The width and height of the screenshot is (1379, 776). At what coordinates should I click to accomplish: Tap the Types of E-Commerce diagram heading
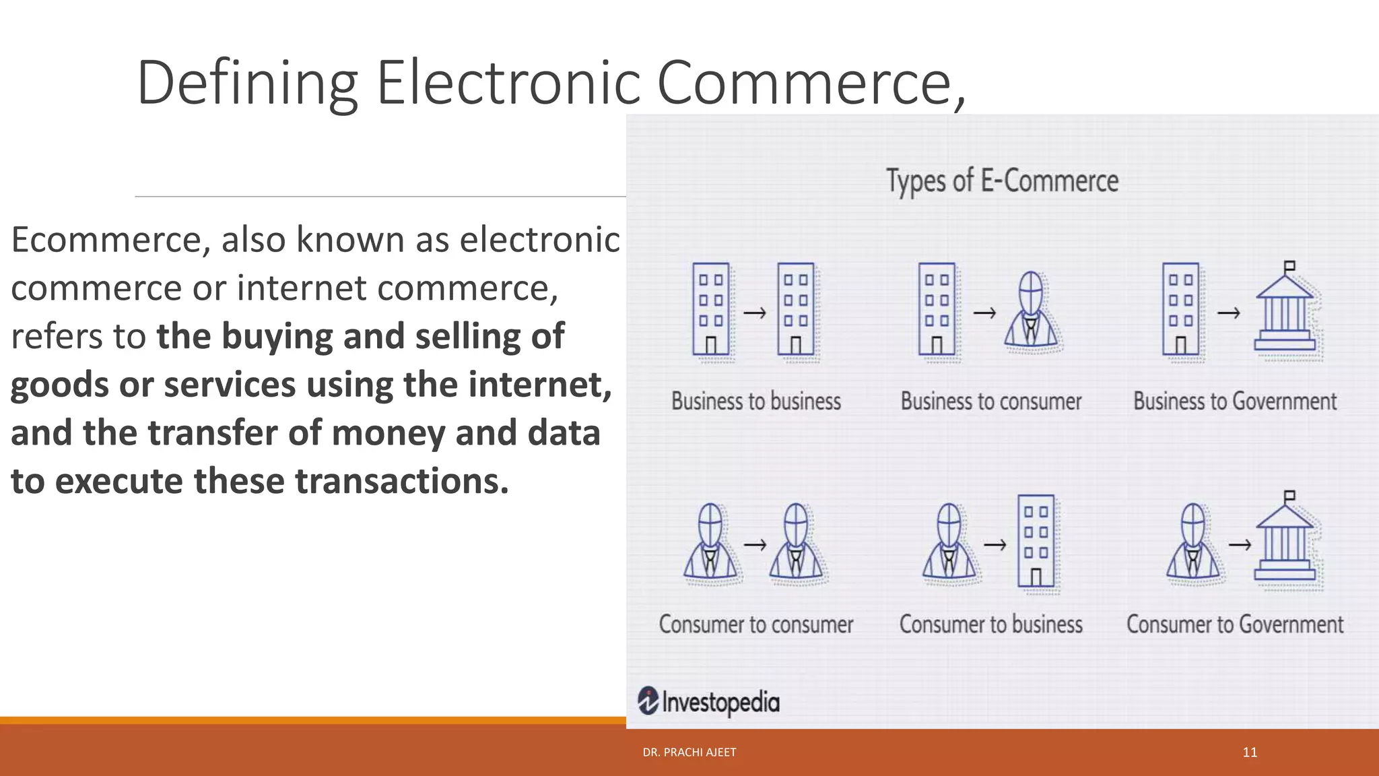[x=1002, y=181]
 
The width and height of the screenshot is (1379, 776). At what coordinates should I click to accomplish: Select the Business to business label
[x=756, y=401]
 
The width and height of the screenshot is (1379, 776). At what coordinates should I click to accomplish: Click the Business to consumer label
[x=991, y=401]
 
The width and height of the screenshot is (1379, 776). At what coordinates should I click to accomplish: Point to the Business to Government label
[x=1235, y=401]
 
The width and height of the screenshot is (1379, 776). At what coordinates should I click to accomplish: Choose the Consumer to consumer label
[x=756, y=624]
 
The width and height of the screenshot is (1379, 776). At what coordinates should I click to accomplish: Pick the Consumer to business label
[x=991, y=624]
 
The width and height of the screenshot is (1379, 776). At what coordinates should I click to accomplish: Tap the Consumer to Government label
[x=1235, y=624]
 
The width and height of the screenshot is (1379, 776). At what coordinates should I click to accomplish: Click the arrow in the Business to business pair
[x=755, y=313]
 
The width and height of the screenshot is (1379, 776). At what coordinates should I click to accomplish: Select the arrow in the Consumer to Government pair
[x=1240, y=544]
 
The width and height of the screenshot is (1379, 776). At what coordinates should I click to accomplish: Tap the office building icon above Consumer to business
[x=1037, y=543]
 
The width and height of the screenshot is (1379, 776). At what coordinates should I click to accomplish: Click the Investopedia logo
[x=708, y=702]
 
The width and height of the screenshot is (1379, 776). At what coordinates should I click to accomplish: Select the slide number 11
[x=1250, y=752]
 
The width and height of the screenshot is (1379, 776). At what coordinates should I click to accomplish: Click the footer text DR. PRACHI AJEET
[x=689, y=752]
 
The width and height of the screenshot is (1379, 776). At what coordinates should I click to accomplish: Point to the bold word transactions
[x=402, y=481]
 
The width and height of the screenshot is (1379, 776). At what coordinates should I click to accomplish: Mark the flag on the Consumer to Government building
[x=1289, y=496]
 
